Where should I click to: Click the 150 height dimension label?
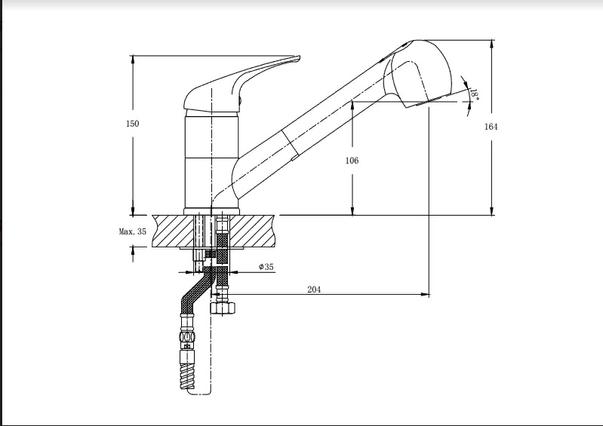tap(133, 124)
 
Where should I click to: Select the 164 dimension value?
tap(491, 127)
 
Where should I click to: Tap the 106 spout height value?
tap(352, 161)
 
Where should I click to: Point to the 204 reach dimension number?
tap(314, 290)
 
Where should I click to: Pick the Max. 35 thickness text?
tap(133, 231)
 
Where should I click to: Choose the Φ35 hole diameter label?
tap(266, 267)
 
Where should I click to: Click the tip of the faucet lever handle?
tap(298, 58)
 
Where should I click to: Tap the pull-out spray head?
tap(420, 73)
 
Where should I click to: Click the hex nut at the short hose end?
tap(223, 308)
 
